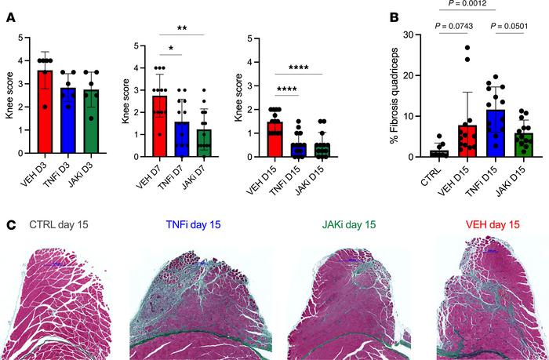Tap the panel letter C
9,224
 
